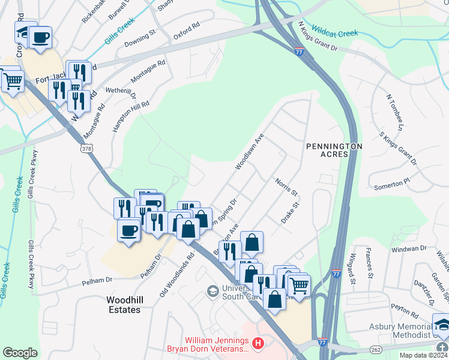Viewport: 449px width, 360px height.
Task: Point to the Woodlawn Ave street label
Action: pos(250,152)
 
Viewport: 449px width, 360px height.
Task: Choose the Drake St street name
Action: pos(290,214)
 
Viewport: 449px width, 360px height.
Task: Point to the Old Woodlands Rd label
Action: pos(177,273)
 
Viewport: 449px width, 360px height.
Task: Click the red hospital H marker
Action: pos(258,344)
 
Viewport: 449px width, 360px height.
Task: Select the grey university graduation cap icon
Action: pos(212,291)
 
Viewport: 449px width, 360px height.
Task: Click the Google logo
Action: pos(20,353)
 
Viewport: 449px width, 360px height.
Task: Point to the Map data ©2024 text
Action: pos(421,355)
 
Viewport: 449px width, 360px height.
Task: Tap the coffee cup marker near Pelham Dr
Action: pos(129,230)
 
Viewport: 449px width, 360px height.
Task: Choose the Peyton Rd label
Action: pos(404,310)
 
